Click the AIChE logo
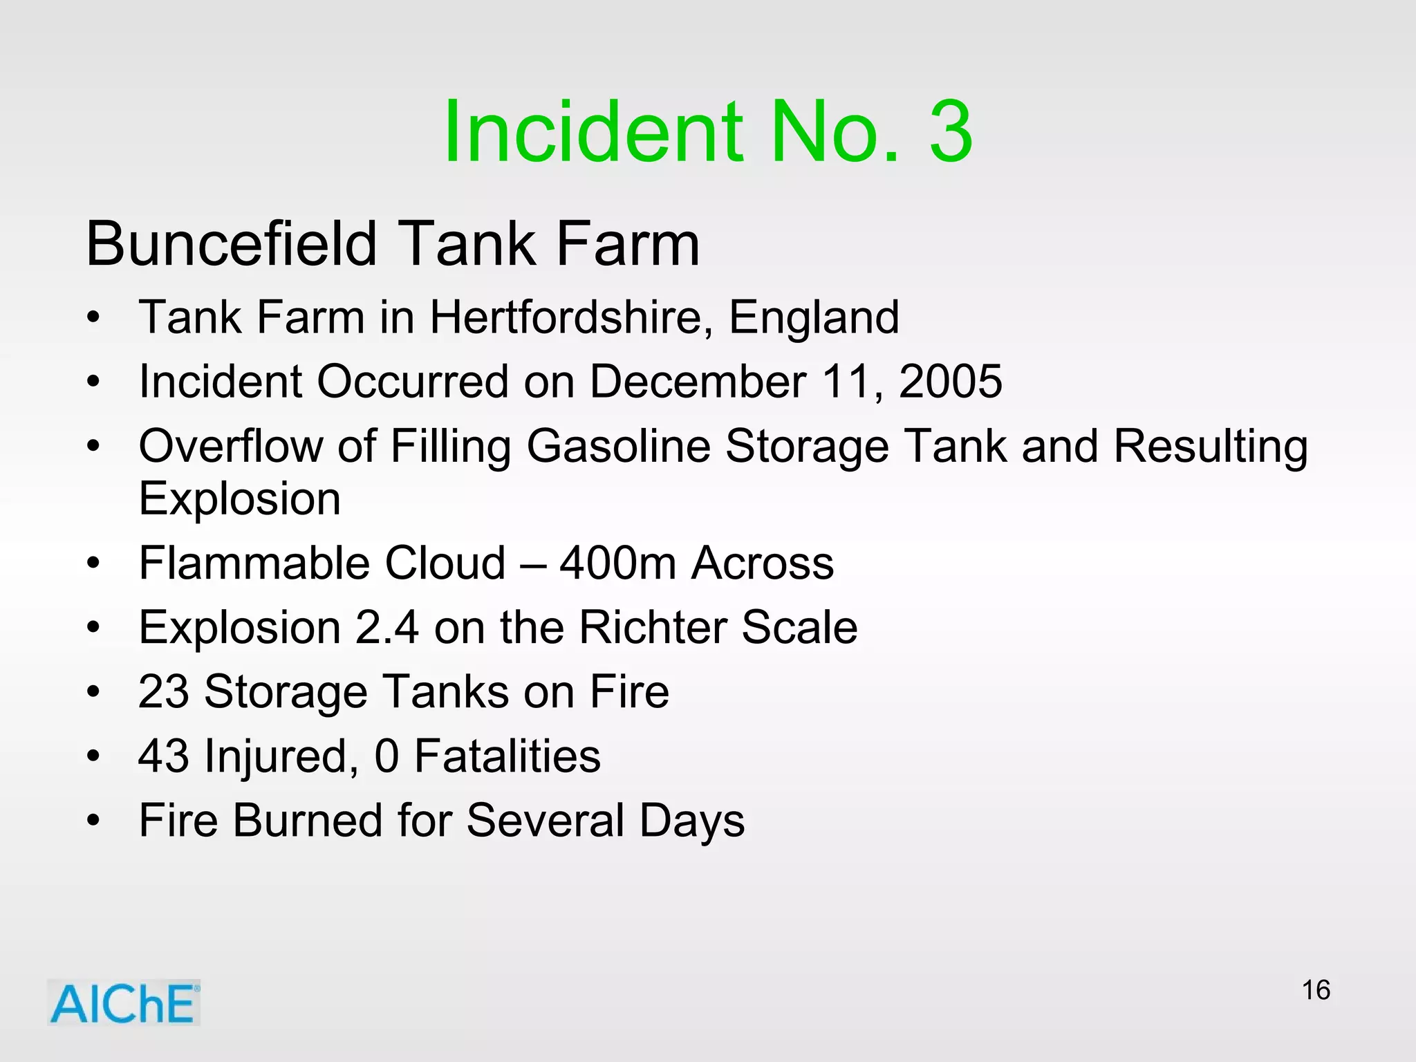[x=124, y=1003]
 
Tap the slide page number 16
[x=1316, y=990]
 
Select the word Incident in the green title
[x=595, y=131]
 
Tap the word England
[x=814, y=317]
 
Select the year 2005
[x=950, y=381]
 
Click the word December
[x=698, y=381]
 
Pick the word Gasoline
[x=618, y=446]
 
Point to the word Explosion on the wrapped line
[x=240, y=499]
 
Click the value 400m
[x=618, y=563]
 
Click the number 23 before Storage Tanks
[x=163, y=691]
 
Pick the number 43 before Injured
[x=163, y=756]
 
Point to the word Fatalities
[x=507, y=756]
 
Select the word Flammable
[x=253, y=563]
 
